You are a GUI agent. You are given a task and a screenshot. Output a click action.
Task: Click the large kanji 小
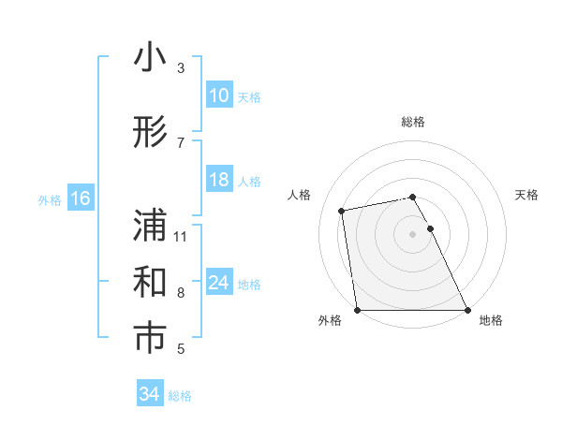coord(150,59)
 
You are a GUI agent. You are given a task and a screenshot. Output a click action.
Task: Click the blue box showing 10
coord(219,95)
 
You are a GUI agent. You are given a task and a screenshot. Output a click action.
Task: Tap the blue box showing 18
coord(219,181)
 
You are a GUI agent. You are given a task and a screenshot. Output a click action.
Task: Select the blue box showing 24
coord(219,283)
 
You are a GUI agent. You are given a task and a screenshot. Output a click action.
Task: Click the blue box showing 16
coord(80,198)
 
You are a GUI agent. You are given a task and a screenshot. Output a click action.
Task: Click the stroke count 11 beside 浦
coord(182,236)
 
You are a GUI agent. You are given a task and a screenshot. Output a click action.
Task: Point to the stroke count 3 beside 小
coord(181,68)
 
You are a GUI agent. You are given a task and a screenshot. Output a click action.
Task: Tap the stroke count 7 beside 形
coord(181,142)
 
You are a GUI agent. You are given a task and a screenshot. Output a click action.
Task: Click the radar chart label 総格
coord(413,122)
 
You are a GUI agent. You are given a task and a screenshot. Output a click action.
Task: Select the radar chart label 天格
coord(526,195)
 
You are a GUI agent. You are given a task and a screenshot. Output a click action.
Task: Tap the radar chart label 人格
coord(300,195)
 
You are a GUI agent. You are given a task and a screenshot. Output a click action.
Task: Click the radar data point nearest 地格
coord(466,310)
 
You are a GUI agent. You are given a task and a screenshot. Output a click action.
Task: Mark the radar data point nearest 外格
coord(358,310)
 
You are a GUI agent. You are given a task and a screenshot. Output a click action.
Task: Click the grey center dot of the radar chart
coord(413,233)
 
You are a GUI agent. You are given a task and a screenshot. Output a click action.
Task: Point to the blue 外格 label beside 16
coord(49,199)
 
